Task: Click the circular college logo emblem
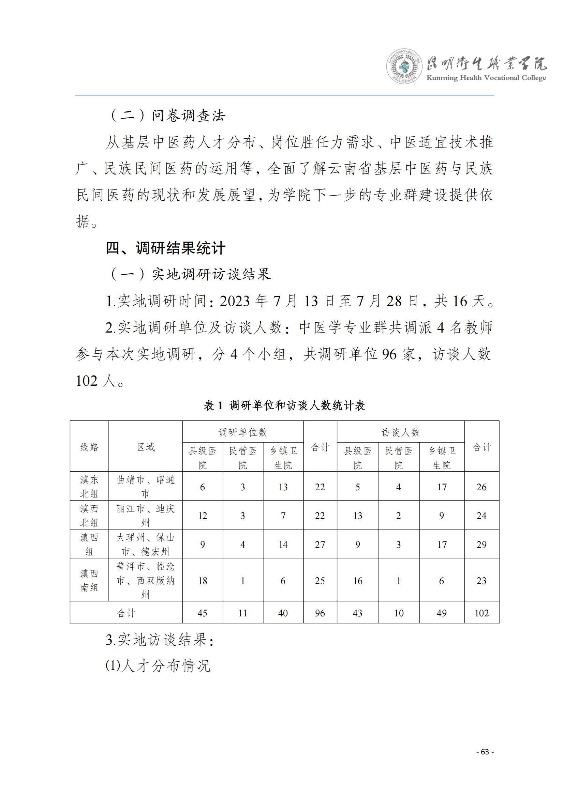(404, 66)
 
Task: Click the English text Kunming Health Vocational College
(486, 78)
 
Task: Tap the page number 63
(485, 752)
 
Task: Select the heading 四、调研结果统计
(166, 248)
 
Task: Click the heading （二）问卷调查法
(167, 116)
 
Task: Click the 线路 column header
(89, 447)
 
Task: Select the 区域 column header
(146, 447)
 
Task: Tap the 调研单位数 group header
(242, 432)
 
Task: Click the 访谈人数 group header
(400, 432)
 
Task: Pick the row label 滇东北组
(89, 486)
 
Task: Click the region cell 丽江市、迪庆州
(146, 515)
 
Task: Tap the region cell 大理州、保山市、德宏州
(146, 544)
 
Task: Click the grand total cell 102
(481, 613)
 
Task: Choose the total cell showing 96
(320, 613)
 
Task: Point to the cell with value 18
(203, 581)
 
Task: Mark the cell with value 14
(283, 545)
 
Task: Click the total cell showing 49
(441, 613)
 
